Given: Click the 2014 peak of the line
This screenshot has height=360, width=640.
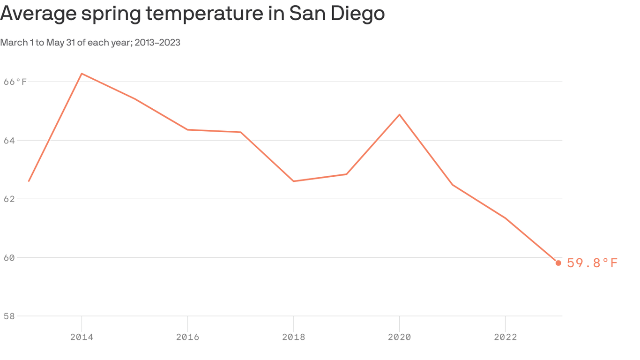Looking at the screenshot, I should pyautogui.click(x=82, y=74).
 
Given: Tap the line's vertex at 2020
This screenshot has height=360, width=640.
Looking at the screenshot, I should pyautogui.click(x=399, y=114).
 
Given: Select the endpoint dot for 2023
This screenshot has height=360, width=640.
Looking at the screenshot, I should pyautogui.click(x=558, y=263).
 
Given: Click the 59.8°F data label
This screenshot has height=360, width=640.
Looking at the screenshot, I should pyautogui.click(x=592, y=263).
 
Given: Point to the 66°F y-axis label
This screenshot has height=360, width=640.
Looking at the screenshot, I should pyautogui.click(x=15, y=82).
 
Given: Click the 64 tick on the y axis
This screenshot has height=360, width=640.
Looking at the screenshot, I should pyautogui.click(x=9, y=141).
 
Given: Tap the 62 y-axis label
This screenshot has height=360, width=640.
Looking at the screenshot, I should pyautogui.click(x=9, y=199).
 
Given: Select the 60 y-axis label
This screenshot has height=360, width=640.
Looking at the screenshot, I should pyautogui.click(x=9, y=258).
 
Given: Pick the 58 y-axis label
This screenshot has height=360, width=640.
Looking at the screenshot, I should pyautogui.click(x=9, y=316).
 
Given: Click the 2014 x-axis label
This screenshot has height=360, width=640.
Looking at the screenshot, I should pyautogui.click(x=82, y=337).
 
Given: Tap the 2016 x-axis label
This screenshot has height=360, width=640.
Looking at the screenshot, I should pyautogui.click(x=187, y=337).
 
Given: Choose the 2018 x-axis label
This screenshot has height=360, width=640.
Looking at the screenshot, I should pyautogui.click(x=293, y=337).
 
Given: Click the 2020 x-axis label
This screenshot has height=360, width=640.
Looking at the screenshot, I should pyautogui.click(x=399, y=337).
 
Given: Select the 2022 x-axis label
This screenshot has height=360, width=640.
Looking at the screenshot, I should pyautogui.click(x=505, y=337).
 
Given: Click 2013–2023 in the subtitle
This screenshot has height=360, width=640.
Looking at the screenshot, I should pyautogui.click(x=157, y=43).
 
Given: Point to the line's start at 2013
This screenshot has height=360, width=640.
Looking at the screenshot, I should pyautogui.click(x=29, y=181).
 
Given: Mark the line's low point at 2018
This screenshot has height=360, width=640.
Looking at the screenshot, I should pyautogui.click(x=293, y=181).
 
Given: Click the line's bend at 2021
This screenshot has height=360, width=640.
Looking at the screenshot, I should pyautogui.click(x=452, y=185).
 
